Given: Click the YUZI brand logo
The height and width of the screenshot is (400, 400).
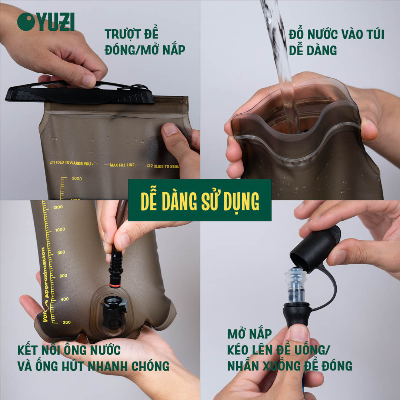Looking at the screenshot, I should (x=46, y=22).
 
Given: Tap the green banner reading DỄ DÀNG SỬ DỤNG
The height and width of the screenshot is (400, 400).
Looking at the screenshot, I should (x=200, y=200).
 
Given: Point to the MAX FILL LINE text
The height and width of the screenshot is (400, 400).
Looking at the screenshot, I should (x=121, y=165).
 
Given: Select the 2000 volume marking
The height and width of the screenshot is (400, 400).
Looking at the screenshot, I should (x=77, y=179).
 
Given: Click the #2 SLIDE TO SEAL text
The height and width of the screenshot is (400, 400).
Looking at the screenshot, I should (x=163, y=166).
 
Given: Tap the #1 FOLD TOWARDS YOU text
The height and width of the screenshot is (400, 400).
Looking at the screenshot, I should (x=70, y=163).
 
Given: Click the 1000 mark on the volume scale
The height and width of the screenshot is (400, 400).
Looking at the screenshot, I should (x=60, y=230).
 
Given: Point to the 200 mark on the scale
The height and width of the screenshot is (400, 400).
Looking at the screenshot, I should (x=66, y=322).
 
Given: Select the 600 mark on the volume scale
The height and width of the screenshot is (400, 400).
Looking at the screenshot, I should (x=63, y=276).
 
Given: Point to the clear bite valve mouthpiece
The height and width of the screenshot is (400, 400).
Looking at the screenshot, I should (x=296, y=286).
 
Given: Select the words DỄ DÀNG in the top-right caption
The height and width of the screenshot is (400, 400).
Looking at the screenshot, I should (x=313, y=50).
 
